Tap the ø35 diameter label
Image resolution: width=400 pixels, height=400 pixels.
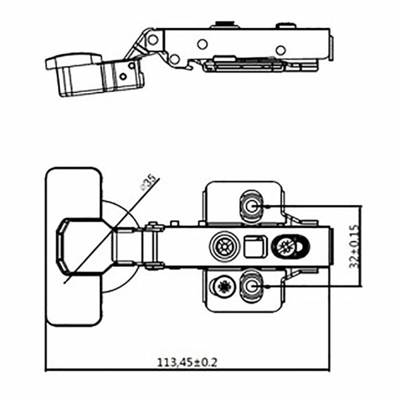(x=149, y=182)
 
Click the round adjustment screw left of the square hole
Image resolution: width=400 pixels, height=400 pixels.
(x=222, y=247)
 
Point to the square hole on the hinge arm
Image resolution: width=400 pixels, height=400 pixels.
(x=254, y=247)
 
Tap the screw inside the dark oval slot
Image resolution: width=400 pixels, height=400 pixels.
(x=285, y=247)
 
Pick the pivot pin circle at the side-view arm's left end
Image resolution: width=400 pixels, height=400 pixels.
(x=153, y=39)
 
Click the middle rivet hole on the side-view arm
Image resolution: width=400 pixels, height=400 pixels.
(x=202, y=44)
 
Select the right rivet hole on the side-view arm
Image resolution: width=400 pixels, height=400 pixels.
(x=280, y=50)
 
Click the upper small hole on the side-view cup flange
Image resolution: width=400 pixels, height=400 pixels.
(x=133, y=65)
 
